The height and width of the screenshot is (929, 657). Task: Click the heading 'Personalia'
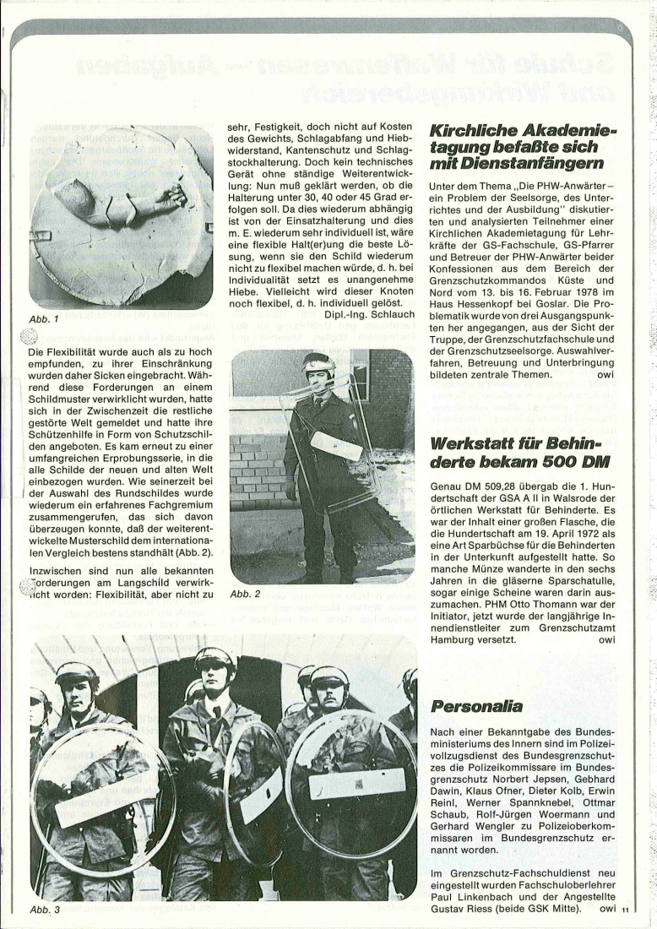tap(476, 705)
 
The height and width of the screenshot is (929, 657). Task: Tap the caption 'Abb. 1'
tap(43, 320)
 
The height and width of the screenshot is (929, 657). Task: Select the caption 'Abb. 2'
tap(245, 595)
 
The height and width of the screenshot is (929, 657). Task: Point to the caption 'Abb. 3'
tap(44, 911)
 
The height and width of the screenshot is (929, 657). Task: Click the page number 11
tap(625, 911)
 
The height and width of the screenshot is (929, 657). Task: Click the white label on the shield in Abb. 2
tap(335, 444)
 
